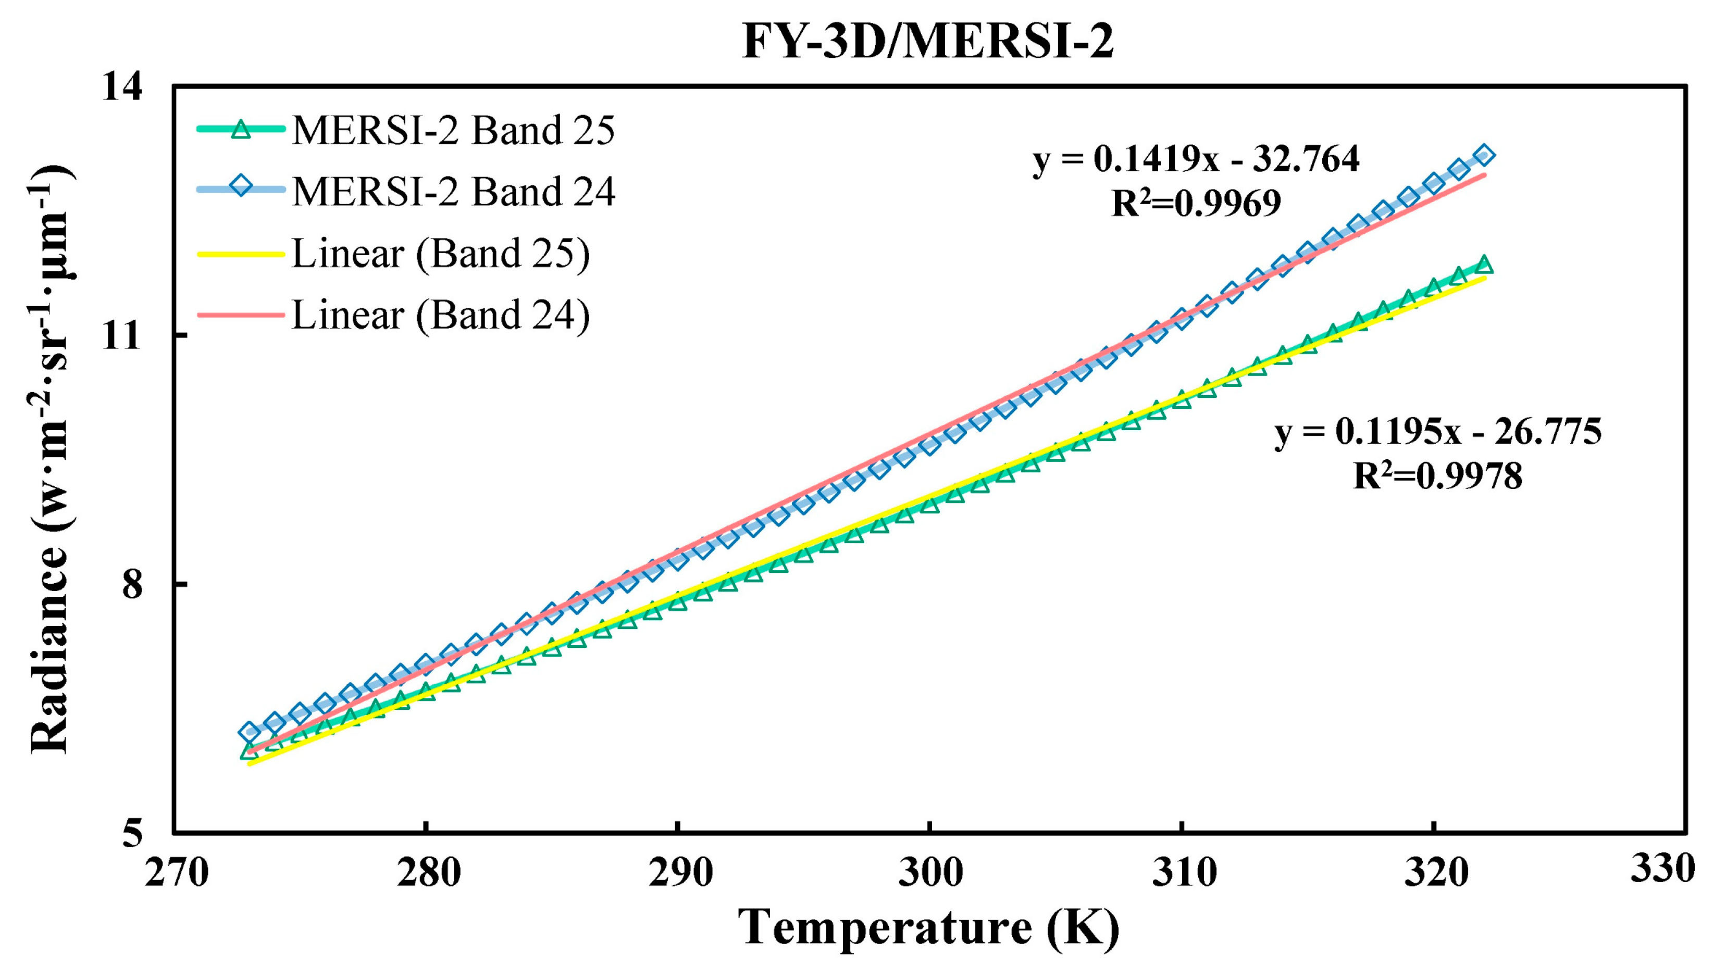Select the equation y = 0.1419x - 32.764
click(1196, 160)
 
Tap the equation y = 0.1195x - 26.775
click(1438, 432)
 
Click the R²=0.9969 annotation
click(1196, 204)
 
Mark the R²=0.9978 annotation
click(1438, 476)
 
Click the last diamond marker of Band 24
click(1484, 156)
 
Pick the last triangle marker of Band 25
click(1484, 265)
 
